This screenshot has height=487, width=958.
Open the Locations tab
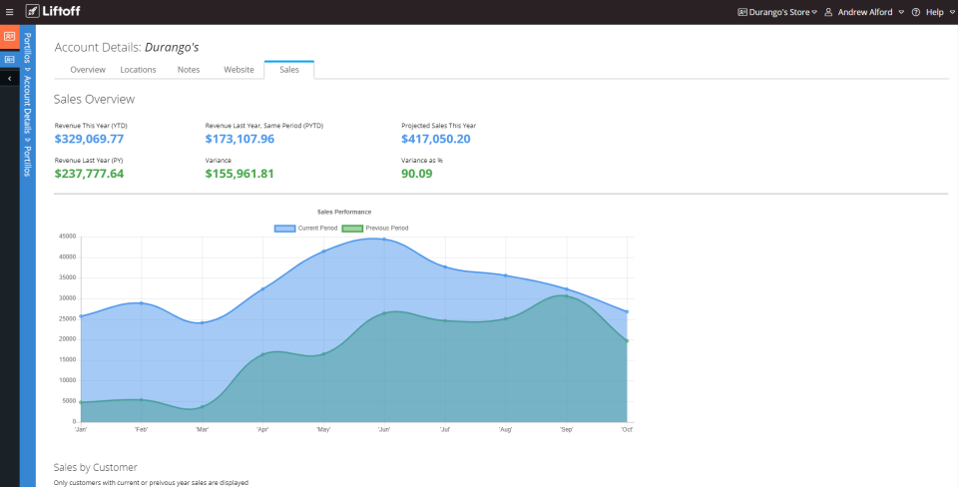(138, 70)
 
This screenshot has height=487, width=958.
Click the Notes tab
(189, 70)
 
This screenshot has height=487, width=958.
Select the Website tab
(239, 70)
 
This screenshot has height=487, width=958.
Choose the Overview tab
(88, 70)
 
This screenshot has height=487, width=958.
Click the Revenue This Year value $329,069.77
(90, 139)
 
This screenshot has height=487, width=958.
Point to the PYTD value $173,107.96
(239, 139)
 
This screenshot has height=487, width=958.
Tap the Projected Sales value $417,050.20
(435, 139)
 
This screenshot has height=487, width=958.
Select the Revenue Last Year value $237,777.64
(90, 174)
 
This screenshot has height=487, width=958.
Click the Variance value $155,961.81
(239, 174)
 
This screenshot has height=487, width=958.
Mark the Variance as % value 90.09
(416, 174)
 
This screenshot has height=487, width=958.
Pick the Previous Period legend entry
(375, 229)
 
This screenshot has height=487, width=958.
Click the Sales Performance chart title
(344, 212)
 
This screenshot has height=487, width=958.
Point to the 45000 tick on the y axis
(68, 237)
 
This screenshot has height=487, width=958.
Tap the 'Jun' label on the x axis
(384, 430)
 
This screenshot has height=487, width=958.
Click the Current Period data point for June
(384, 240)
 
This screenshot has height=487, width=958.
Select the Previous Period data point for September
(567, 296)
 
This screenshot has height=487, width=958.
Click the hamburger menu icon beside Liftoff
(10, 12)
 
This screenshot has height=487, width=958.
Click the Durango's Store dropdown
(777, 12)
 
